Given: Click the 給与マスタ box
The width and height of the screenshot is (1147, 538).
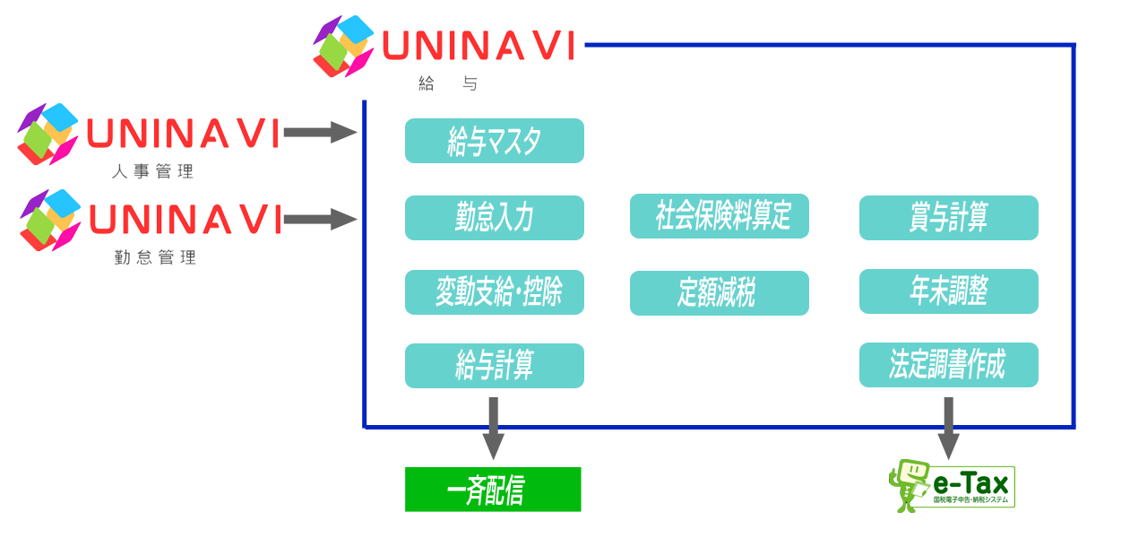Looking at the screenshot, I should tap(494, 141).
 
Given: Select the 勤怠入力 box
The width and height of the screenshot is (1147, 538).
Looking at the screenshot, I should tap(494, 218).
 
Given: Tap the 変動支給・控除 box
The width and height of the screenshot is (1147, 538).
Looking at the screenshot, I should tap(494, 292).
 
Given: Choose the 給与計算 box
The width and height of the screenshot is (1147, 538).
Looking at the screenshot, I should tap(494, 366).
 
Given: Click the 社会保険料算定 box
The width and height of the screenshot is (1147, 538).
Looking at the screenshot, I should tap(719, 216).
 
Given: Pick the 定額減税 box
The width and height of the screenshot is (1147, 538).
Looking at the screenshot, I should tap(719, 293).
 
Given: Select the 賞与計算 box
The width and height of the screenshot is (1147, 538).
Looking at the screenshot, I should tap(948, 218).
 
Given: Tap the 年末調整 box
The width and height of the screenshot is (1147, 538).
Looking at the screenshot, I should tap(948, 291).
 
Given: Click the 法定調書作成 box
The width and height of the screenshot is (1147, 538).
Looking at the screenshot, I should tap(948, 365).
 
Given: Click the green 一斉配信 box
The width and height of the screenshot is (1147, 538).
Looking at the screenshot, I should tap(492, 490).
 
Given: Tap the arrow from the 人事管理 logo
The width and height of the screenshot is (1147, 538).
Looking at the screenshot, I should tap(320, 134).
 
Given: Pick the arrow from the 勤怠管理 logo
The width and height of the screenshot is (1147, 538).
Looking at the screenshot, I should tap(320, 218).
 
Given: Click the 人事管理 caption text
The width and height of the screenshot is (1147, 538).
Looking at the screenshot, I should tap(152, 172).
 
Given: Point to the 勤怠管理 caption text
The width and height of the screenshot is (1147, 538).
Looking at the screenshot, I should tap(155, 258).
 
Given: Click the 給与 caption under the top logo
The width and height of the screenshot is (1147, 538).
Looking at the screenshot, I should tap(448, 84).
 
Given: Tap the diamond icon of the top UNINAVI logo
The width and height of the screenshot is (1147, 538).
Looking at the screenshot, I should tap(343, 45).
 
